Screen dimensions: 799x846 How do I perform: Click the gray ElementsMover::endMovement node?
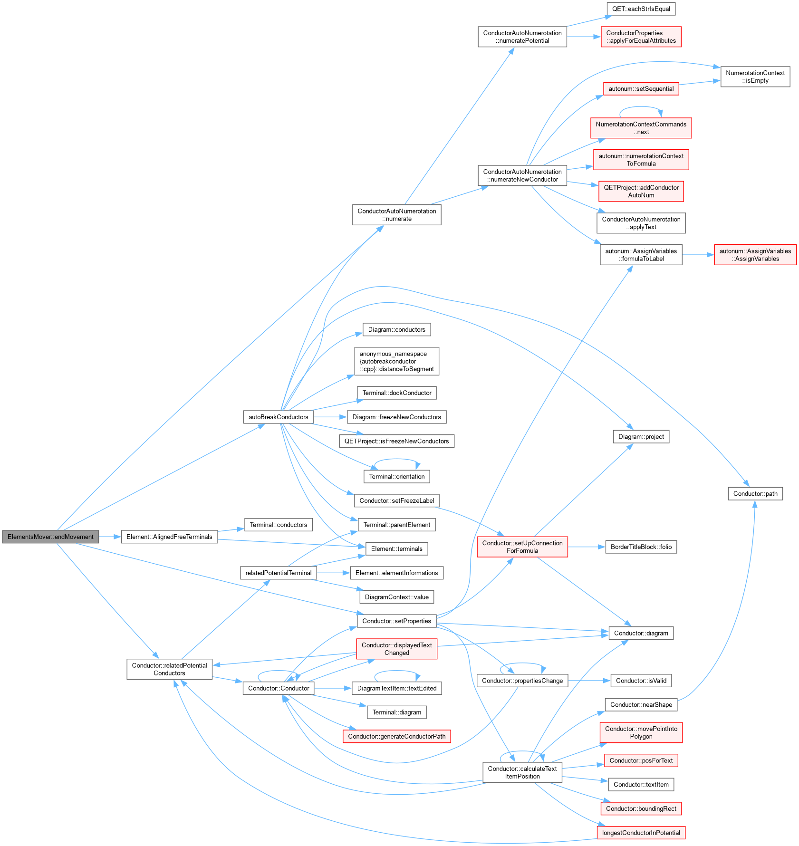(x=50, y=537)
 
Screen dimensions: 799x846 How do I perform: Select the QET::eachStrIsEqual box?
(x=641, y=9)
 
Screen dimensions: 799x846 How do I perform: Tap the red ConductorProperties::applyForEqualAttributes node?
(x=641, y=37)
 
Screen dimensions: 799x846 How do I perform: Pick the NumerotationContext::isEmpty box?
(x=755, y=77)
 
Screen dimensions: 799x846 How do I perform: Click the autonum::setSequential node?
(x=641, y=89)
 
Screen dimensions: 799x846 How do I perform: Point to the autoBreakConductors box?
(x=278, y=417)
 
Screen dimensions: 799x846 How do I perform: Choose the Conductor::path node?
(x=755, y=494)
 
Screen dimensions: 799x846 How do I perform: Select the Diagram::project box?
(x=641, y=437)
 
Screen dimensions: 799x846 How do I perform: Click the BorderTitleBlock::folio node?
(x=641, y=547)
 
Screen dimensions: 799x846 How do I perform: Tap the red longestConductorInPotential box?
(x=641, y=833)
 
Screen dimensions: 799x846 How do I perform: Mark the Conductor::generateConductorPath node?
(x=396, y=736)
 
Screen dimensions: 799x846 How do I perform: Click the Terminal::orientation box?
(x=396, y=477)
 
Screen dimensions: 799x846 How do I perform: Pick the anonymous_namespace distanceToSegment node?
(x=396, y=361)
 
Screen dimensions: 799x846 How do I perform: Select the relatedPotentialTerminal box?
(x=278, y=573)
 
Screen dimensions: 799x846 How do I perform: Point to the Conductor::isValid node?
(x=641, y=681)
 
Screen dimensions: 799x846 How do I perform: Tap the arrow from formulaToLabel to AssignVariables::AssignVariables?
(x=698, y=255)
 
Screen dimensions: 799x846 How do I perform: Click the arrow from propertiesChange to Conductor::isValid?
(x=589, y=681)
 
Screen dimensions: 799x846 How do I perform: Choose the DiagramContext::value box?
(x=396, y=597)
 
